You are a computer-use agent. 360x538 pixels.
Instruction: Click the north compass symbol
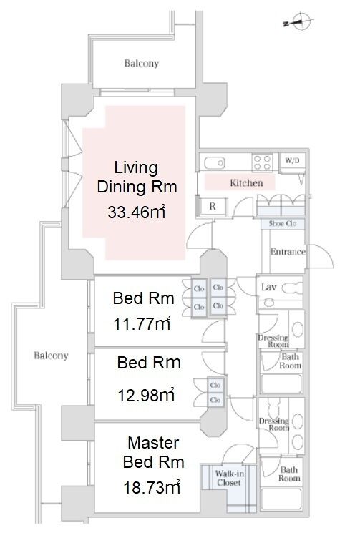tap(299, 21)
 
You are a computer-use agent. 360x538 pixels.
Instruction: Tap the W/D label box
tap(293, 160)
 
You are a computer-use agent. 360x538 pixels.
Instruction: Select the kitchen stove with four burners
tap(263, 162)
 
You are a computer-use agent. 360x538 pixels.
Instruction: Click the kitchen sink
tap(215, 162)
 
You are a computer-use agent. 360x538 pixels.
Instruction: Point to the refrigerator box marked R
tap(213, 206)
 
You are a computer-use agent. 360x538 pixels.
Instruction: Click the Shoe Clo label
tap(283, 224)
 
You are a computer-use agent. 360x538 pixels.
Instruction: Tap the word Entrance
tap(288, 252)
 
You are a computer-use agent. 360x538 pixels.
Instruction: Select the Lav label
tap(268, 287)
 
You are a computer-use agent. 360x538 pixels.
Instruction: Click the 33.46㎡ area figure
tap(136, 212)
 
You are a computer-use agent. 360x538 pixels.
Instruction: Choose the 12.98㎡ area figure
tap(146, 395)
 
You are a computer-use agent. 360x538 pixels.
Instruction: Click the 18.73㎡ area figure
tap(152, 487)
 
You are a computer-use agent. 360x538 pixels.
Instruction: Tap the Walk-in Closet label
tap(229, 479)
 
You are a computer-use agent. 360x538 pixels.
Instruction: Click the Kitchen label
tap(246, 183)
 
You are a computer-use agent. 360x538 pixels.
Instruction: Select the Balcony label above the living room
tap(142, 63)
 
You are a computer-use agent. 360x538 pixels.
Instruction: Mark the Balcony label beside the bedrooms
tap(51, 355)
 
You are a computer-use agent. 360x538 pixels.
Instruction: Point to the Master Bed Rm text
tap(153, 452)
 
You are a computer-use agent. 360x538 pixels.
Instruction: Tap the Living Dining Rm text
tap(137, 177)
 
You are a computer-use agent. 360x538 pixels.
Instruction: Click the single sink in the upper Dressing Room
tap(297, 330)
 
